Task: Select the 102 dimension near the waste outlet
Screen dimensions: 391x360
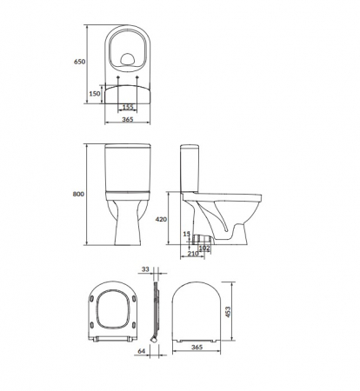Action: (x=206, y=248)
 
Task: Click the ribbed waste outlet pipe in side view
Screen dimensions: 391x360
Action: (x=205, y=237)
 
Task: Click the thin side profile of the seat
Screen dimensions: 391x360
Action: (x=154, y=313)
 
